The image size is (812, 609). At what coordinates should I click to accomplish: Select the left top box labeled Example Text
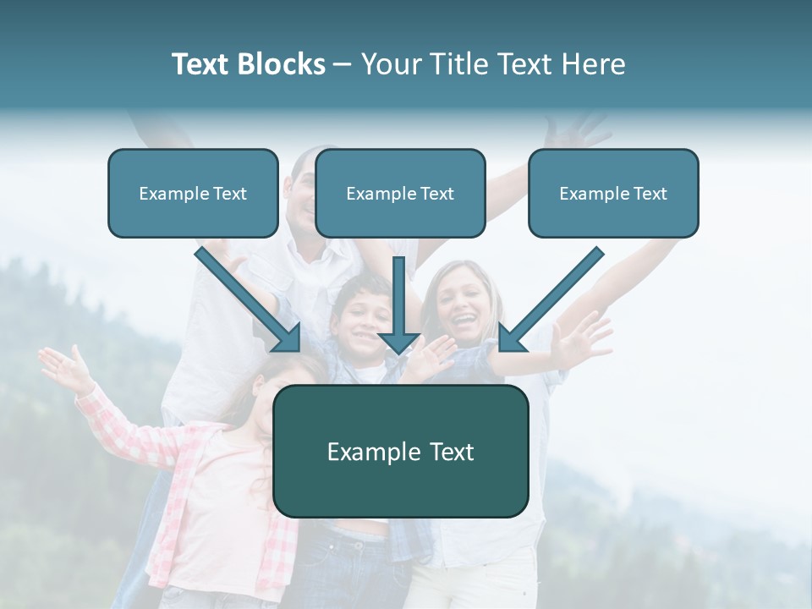tap(193, 194)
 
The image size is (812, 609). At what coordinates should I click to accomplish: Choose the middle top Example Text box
tap(400, 194)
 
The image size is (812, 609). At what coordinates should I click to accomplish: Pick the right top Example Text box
tap(613, 194)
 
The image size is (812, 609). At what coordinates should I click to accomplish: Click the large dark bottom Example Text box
tap(400, 452)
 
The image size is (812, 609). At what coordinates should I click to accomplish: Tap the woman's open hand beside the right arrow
tap(579, 338)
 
